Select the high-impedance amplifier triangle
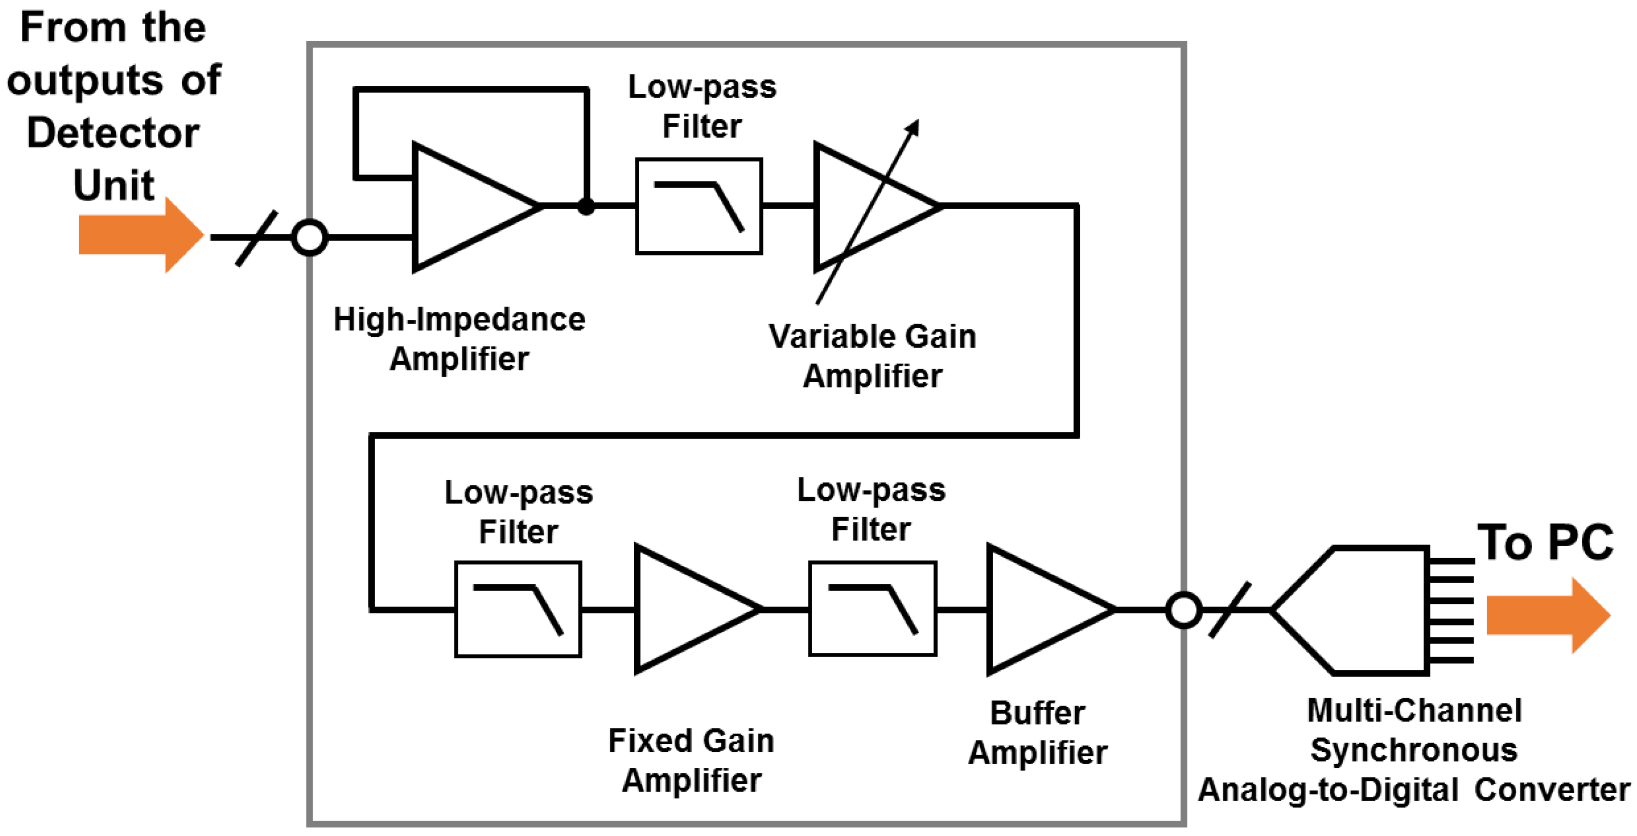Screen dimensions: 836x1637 click(x=464, y=206)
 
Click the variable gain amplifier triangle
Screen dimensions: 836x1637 click(x=864, y=206)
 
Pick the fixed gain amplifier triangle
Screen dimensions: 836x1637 click(x=687, y=609)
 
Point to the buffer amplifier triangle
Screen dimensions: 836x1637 click(x=1039, y=609)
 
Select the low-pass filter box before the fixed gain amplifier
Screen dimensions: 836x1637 click(x=518, y=609)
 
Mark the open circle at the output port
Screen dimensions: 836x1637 click(x=1183, y=610)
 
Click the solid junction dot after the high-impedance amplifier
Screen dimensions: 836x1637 click(x=586, y=206)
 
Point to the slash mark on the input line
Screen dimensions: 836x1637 click(x=256, y=238)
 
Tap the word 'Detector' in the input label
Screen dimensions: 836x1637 click(x=113, y=133)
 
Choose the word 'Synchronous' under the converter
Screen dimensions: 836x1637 click(x=1414, y=749)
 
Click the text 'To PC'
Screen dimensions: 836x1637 click(x=1544, y=542)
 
